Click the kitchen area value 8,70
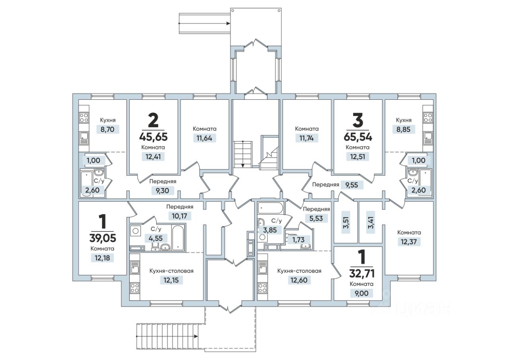point(107,130)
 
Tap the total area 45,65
point(153,137)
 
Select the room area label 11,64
point(204,138)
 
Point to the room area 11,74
point(307,138)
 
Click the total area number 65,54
point(358,137)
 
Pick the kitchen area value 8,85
point(403,130)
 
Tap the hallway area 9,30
point(162,191)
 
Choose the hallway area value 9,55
point(352,185)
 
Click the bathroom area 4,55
point(155,238)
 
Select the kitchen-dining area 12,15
point(171,280)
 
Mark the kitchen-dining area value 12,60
point(299,280)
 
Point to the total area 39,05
point(103,238)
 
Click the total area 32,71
point(362,273)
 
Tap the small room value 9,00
point(361,293)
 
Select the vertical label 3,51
point(346,223)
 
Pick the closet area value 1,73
point(298,240)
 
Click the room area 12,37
point(409,242)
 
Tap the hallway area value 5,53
point(316,219)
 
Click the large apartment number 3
point(358,120)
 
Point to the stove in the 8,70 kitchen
point(84,118)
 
